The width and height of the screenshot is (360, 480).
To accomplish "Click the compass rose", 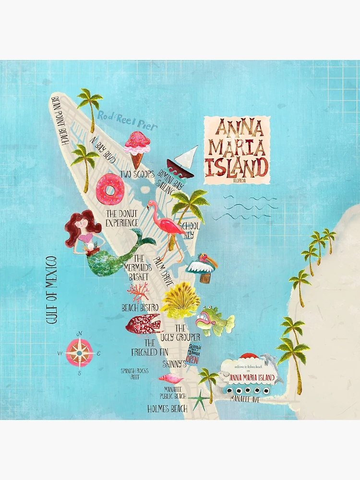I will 80,353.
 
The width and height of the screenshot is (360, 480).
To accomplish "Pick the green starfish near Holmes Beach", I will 197,399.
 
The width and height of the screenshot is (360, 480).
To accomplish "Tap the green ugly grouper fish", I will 215,321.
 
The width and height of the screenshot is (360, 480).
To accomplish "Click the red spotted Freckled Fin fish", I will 143,324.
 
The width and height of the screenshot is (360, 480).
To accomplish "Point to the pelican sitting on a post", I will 204,267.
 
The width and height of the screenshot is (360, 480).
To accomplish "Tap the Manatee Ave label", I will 245,398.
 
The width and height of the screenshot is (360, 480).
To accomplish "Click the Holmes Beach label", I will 167,409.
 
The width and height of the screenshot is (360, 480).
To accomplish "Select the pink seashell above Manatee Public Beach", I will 171,378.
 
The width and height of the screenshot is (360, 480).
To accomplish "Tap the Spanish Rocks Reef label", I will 135,373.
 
